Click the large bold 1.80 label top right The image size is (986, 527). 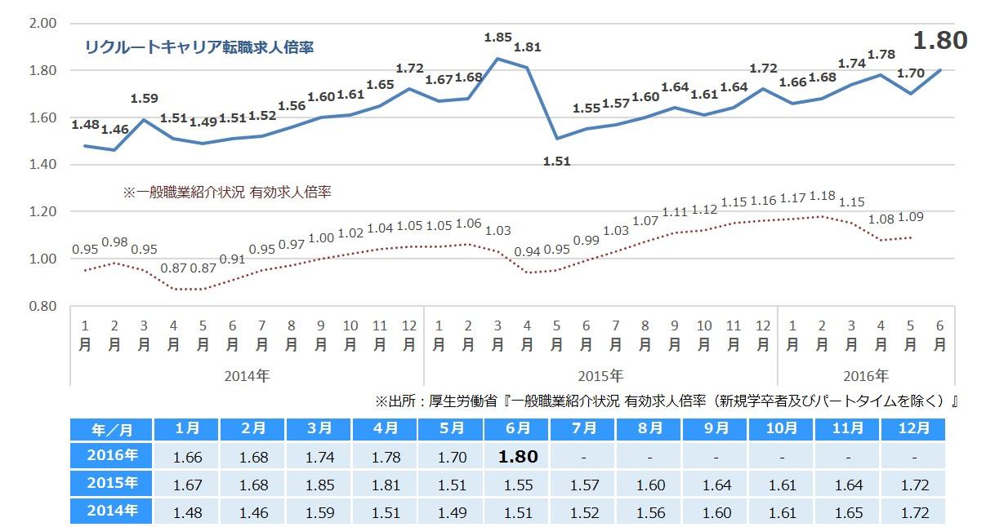click(939, 41)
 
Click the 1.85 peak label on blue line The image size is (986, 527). click(497, 38)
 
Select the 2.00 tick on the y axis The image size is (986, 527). click(42, 23)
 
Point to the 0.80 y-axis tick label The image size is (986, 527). click(42, 306)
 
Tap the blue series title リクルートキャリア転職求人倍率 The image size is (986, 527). click(199, 47)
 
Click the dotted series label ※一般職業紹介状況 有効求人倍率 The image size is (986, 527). click(226, 193)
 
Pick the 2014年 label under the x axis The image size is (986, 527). click(247, 376)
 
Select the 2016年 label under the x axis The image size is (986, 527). click(865, 376)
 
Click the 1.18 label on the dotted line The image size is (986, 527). click(821, 197)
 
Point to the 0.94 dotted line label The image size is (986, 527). click(527, 251)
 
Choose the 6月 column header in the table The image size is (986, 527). click(517, 429)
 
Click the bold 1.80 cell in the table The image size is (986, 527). click(517, 457)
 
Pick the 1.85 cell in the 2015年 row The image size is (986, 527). click(320, 485)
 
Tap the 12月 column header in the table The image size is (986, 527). click(912, 429)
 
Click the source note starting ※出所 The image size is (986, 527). click(666, 401)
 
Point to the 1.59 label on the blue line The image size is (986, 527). click(144, 100)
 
